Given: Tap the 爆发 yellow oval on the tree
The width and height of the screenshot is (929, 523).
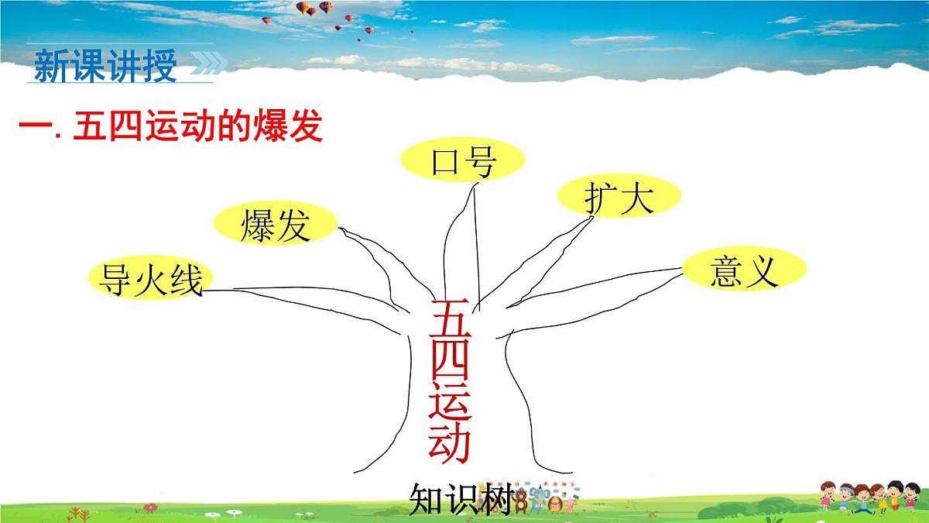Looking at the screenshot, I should pos(276,225).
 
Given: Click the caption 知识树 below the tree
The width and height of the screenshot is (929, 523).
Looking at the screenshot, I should pos(460,501).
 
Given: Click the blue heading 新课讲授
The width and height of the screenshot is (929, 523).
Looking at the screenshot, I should pos(106,67).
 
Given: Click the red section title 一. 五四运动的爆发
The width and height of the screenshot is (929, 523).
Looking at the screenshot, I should pos(170,127).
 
